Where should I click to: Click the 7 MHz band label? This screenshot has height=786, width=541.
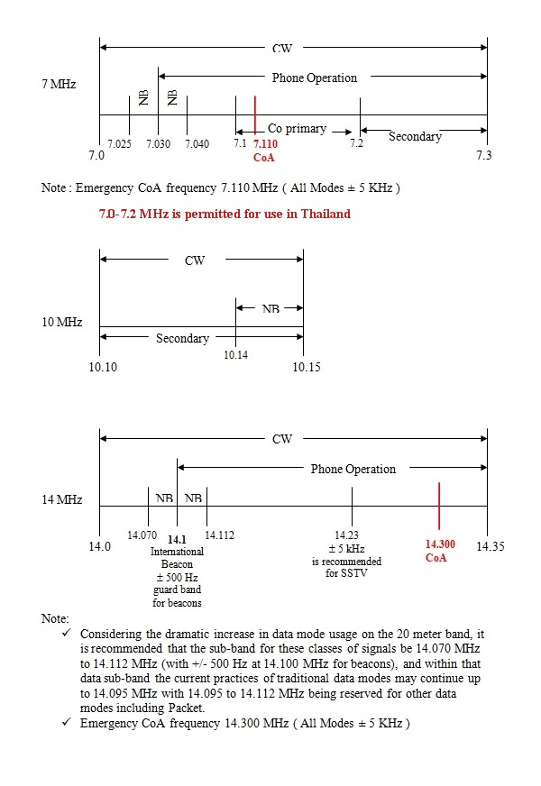pyautogui.click(x=60, y=84)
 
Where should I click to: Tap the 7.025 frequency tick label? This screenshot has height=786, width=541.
pyautogui.click(x=119, y=144)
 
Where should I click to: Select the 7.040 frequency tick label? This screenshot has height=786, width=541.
pyautogui.click(x=197, y=144)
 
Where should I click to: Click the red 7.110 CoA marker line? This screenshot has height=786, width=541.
pyautogui.click(x=256, y=114)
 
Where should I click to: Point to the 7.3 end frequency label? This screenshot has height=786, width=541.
pyautogui.click(x=483, y=156)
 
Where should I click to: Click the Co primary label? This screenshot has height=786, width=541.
pyautogui.click(x=297, y=129)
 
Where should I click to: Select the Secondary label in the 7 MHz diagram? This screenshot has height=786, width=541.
pyautogui.click(x=415, y=136)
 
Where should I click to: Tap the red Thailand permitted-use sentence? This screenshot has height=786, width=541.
pyautogui.click(x=225, y=214)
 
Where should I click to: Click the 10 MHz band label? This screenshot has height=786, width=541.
pyautogui.click(x=62, y=321)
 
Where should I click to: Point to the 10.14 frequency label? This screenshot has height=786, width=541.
pyautogui.click(x=236, y=355)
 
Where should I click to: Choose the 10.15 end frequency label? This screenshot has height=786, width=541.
pyautogui.click(x=307, y=367)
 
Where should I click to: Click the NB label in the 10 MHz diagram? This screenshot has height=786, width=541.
pyautogui.click(x=270, y=309)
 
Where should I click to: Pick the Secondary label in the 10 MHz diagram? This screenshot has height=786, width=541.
pyautogui.click(x=182, y=339)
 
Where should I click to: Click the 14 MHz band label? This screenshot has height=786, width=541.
pyautogui.click(x=62, y=499)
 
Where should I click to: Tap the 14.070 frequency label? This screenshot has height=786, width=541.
pyautogui.click(x=142, y=535)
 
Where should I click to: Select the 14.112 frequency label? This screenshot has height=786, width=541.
pyautogui.click(x=219, y=535)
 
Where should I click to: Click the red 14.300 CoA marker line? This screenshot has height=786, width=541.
pyautogui.click(x=439, y=506)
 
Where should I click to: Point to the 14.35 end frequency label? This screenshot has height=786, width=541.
pyautogui.click(x=491, y=546)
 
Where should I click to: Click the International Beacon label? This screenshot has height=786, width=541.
pyautogui.click(x=177, y=557)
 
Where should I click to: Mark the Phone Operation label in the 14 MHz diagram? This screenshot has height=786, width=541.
pyautogui.click(x=353, y=470)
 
